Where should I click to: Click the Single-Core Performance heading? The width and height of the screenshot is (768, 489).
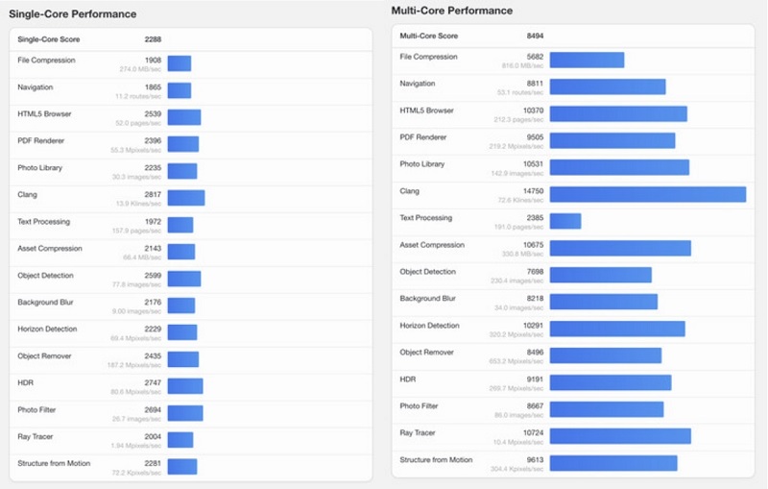[72, 14]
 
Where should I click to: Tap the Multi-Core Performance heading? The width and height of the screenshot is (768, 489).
[452, 11]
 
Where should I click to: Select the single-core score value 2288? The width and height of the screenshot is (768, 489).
[153, 39]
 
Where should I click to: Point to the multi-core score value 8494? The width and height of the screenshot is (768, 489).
[535, 36]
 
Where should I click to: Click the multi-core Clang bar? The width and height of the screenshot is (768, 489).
[648, 194]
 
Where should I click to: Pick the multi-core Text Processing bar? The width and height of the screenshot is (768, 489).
[565, 221]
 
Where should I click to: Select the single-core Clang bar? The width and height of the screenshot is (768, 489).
[186, 198]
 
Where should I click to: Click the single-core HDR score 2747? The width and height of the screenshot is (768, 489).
[153, 382]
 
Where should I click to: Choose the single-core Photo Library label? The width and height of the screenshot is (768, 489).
[40, 167]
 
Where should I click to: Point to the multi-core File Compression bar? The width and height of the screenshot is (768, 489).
[587, 60]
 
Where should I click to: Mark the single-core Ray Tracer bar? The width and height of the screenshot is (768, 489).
[180, 440]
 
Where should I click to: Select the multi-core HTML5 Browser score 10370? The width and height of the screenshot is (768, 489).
[533, 110]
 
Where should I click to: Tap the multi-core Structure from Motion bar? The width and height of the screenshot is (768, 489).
[613, 463]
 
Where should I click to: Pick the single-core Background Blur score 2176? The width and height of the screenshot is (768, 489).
[153, 302]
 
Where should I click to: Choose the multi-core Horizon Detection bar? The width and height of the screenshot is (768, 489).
[617, 329]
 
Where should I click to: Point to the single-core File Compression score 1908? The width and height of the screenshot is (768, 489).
[153, 60]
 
